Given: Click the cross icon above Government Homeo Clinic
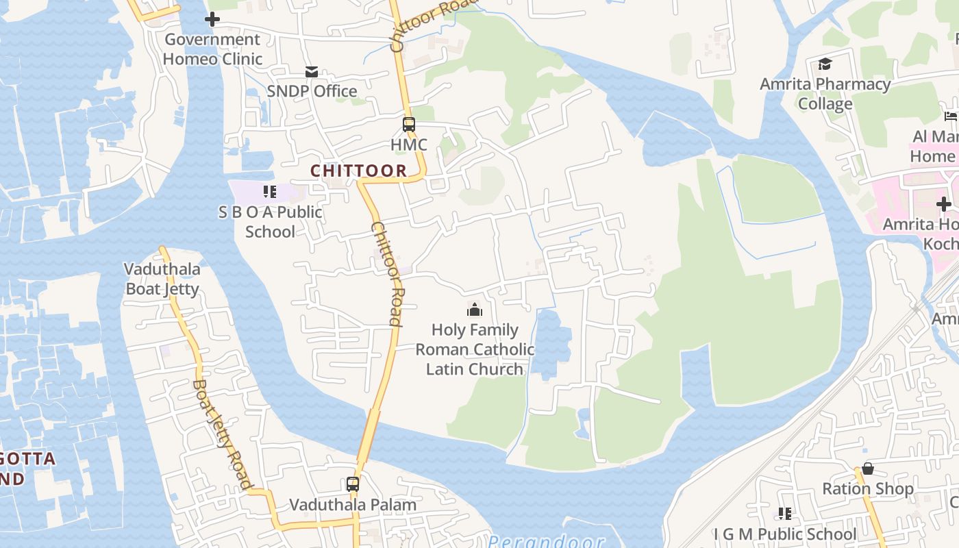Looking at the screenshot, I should click(x=212, y=19).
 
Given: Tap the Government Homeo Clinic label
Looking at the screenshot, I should click(x=212, y=49).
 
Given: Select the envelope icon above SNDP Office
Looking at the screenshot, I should click(x=312, y=72).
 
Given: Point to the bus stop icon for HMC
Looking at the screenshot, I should click(x=409, y=125).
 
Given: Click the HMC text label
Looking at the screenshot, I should click(x=409, y=145).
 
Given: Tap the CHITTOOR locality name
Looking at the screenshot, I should click(x=359, y=171).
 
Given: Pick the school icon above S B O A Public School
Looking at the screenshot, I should click(x=270, y=192).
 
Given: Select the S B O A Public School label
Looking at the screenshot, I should click(x=270, y=222).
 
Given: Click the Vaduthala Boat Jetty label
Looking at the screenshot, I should click(x=162, y=279).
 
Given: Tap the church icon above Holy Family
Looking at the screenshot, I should click(x=475, y=310).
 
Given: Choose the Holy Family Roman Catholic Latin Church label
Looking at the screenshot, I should click(x=475, y=349).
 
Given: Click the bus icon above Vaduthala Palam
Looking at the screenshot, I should click(x=353, y=484).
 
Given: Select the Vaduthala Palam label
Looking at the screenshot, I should click(x=353, y=505).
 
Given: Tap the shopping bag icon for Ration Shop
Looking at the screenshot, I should click(x=868, y=469).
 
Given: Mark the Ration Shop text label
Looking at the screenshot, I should click(x=868, y=489).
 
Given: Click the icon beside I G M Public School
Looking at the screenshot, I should click(x=785, y=514).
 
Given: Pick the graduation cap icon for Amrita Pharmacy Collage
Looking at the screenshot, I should click(x=825, y=64).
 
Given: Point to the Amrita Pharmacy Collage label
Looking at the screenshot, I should click(x=825, y=94).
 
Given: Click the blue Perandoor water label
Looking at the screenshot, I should click(x=546, y=541).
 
